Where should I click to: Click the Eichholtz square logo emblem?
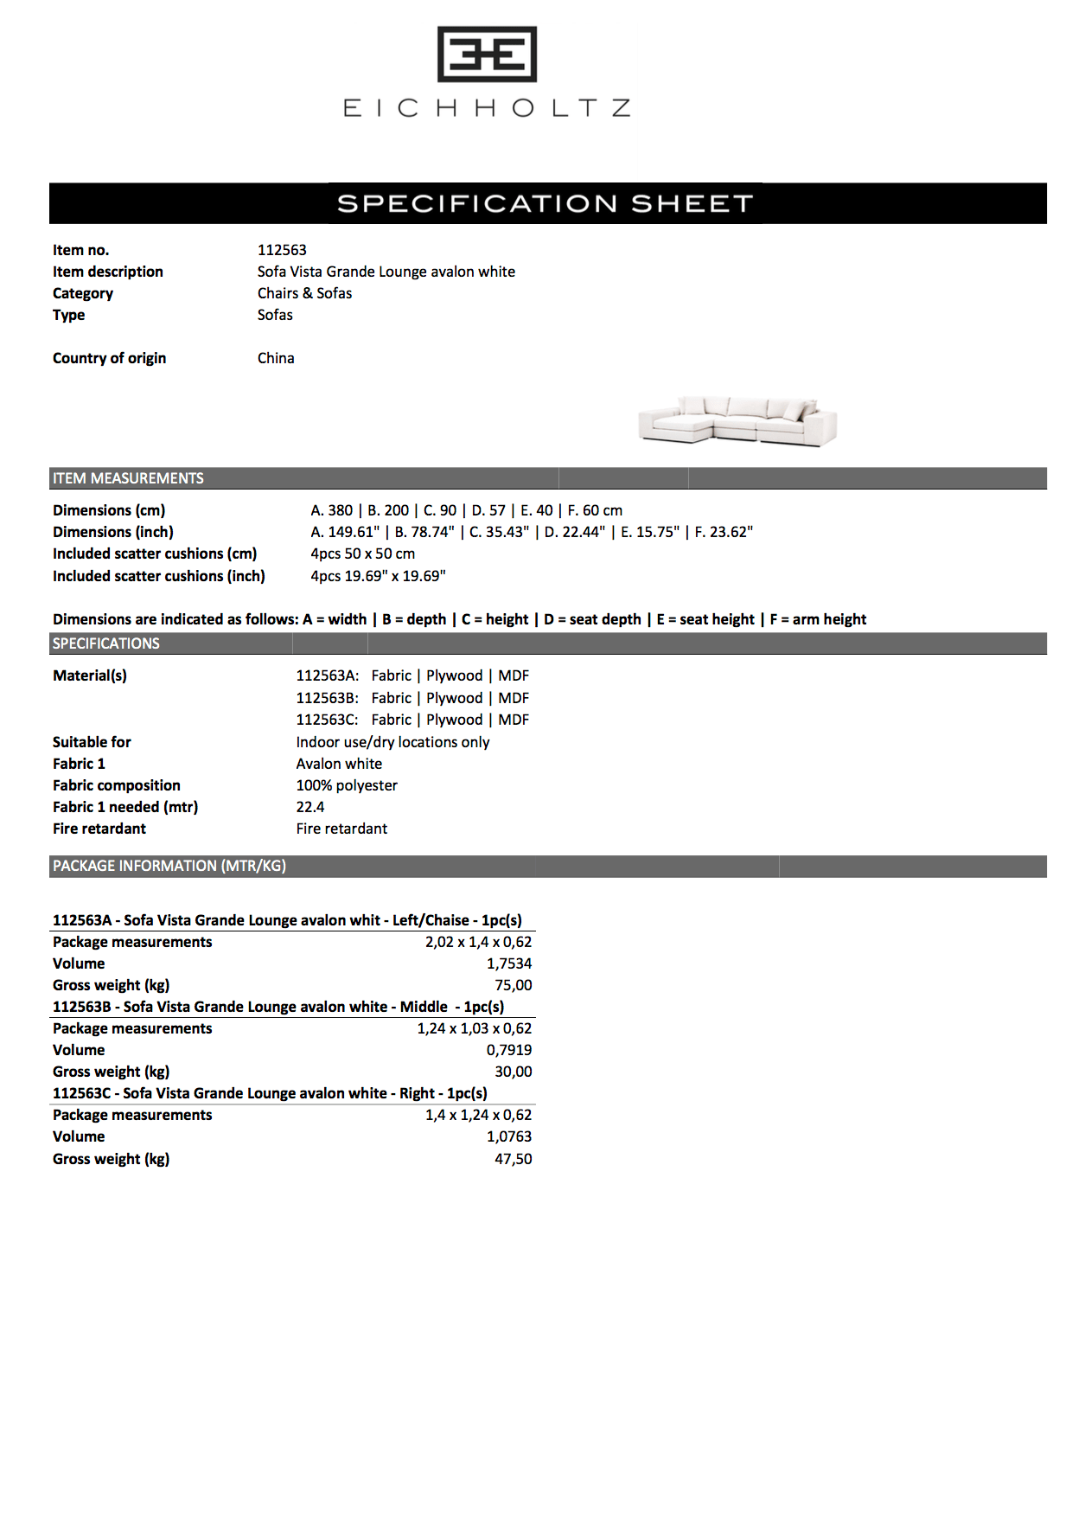pos(487,54)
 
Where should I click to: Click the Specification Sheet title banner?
pos(546,203)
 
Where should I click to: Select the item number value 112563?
pos(282,250)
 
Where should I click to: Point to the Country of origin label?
pos(109,358)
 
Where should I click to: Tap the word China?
pos(276,358)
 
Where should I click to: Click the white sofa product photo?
pos(737,421)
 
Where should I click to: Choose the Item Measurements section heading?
pos(128,478)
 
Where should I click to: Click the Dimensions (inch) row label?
pos(112,532)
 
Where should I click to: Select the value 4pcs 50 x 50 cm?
pos(362,554)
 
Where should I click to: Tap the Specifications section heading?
pos(105,643)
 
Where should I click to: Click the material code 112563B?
pos(327,698)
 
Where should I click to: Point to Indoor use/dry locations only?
pos(392,742)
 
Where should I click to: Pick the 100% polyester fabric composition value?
pos(347,785)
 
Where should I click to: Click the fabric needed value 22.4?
pos(310,807)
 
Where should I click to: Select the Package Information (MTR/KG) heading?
pos(169,866)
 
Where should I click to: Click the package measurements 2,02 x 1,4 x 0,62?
pos(478,942)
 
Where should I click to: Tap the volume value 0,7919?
pos(509,1050)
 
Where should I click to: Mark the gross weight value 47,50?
pos(513,1159)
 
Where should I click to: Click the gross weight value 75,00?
pos(513,985)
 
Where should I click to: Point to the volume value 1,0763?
pos(509,1136)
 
